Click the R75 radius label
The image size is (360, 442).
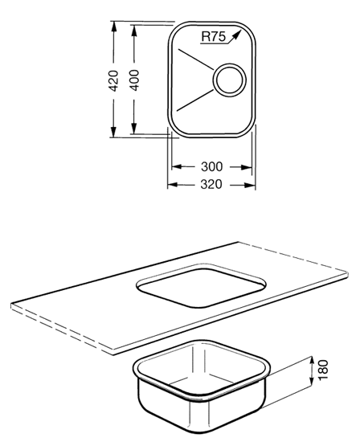[214, 37]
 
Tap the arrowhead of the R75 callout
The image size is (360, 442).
[237, 34]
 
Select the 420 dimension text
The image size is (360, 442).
[113, 80]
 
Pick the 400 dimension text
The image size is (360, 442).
[134, 80]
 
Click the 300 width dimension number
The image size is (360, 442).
[211, 166]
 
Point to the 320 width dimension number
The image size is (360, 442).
[211, 184]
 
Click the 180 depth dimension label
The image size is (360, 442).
[323, 370]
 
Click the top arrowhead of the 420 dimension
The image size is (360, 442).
[113, 26]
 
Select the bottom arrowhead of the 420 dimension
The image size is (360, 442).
[113, 132]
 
